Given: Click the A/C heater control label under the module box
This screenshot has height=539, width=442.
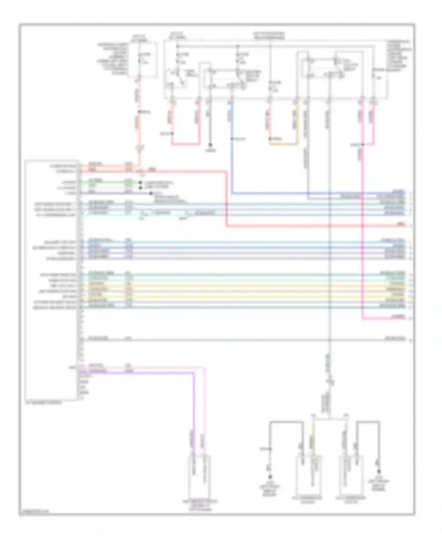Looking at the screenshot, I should coord(44,403).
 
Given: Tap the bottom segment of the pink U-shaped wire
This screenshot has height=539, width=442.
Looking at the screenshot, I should coord(186,144).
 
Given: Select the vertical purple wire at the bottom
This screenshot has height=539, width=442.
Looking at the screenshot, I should coord(194,413).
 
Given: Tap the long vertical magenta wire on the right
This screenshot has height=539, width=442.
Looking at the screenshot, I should coord(362,236).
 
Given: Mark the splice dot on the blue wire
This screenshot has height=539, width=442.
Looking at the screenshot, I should coord(232,139).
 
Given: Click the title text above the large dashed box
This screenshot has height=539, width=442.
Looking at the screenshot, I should coord(270,36).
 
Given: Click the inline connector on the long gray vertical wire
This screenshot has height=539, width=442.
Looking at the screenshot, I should coord(330,380).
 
